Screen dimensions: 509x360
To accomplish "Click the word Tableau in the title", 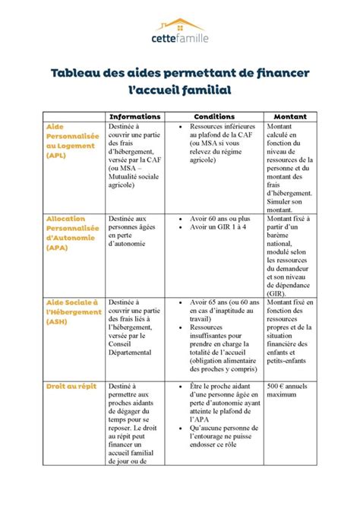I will pyautogui.click(x=78, y=74).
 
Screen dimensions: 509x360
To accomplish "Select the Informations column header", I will pyautogui.click(x=136, y=116).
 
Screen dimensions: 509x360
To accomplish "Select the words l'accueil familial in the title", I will pyautogui.click(x=180, y=91).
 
